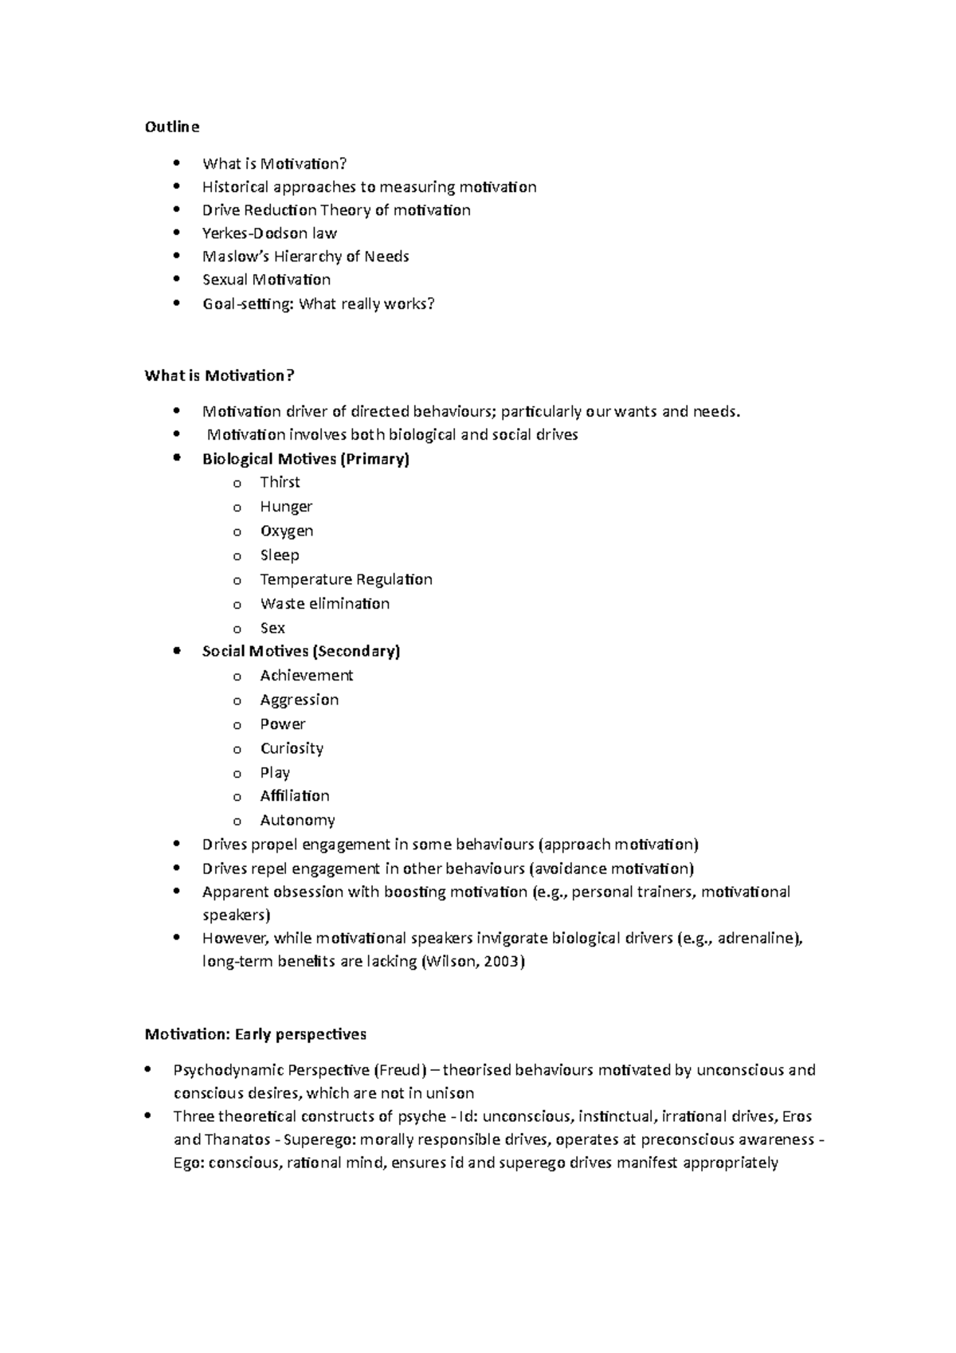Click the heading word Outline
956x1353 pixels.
click(x=171, y=127)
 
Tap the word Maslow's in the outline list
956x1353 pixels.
click(x=232, y=257)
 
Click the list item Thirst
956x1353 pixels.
click(x=280, y=482)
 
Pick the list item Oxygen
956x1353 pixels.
click(x=286, y=531)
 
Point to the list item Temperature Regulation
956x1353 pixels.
click(x=346, y=579)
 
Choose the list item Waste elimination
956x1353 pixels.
click(x=324, y=603)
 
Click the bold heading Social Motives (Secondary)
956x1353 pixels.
click(x=300, y=651)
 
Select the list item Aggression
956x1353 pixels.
click(x=299, y=700)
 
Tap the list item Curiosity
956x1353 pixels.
click(x=292, y=748)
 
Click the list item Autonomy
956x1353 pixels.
click(x=297, y=820)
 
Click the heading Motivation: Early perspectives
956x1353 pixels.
click(x=255, y=1034)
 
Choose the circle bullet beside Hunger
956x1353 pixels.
click(x=237, y=508)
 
